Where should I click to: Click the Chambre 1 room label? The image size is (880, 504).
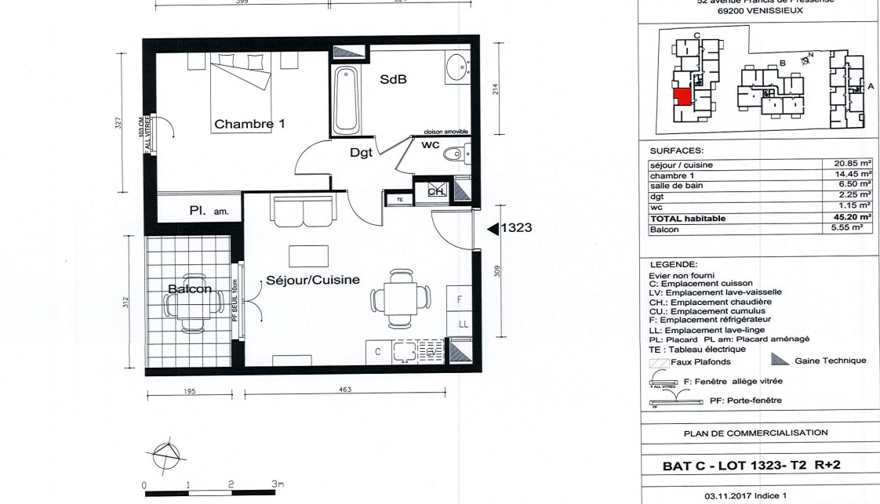click(x=249, y=124)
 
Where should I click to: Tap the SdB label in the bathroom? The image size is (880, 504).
click(x=393, y=80)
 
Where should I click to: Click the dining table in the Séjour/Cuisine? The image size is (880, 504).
click(x=400, y=299)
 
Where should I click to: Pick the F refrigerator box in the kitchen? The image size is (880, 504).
click(x=460, y=299)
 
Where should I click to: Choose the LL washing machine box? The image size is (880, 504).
click(x=462, y=323)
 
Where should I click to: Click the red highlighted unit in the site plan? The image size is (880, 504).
click(x=682, y=97)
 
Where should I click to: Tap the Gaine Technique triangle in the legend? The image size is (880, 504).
click(x=780, y=360)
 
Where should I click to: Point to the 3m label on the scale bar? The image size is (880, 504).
click(x=277, y=484)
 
